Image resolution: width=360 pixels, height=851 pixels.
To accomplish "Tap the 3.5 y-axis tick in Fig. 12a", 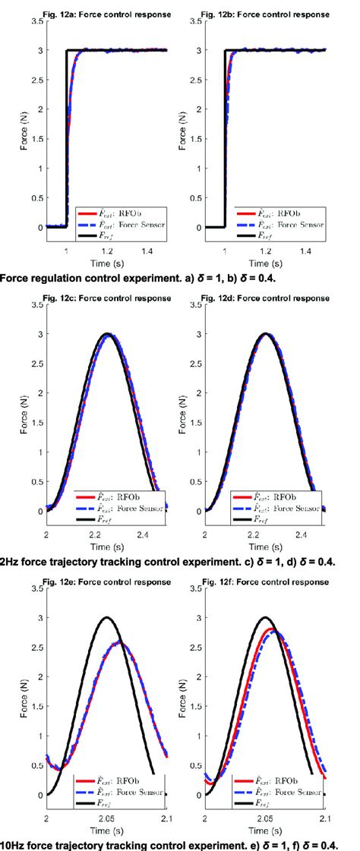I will click(36, 21).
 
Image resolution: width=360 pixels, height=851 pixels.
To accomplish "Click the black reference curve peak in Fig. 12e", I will click(107, 617).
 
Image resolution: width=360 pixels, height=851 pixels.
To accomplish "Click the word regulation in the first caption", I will click(74, 277).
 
